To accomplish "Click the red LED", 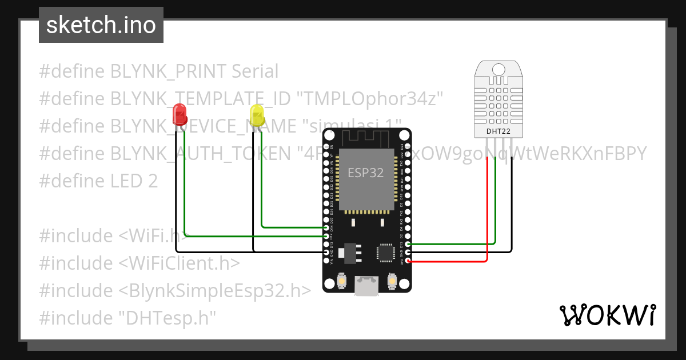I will pyautogui.click(x=180, y=114).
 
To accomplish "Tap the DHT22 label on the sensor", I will pyautogui.click(x=498, y=131).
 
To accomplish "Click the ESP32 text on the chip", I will pyautogui.click(x=366, y=172).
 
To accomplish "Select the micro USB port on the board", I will pyautogui.click(x=366, y=285).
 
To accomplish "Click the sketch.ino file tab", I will pyautogui.click(x=101, y=26).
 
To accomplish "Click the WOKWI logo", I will pyautogui.click(x=607, y=315).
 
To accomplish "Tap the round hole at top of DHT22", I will pyautogui.click(x=498, y=70).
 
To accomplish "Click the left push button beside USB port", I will pyautogui.click(x=341, y=282).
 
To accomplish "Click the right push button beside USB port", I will pyautogui.click(x=392, y=282).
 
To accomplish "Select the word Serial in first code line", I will pyautogui.click(x=252, y=71).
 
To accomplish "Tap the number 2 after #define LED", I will pyautogui.click(x=152, y=181).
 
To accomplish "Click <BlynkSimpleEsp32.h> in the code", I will pyautogui.click(x=215, y=290).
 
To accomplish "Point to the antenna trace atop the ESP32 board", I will pyautogui.click(x=366, y=138).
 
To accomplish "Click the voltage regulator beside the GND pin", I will pyautogui.click(x=346, y=251).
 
